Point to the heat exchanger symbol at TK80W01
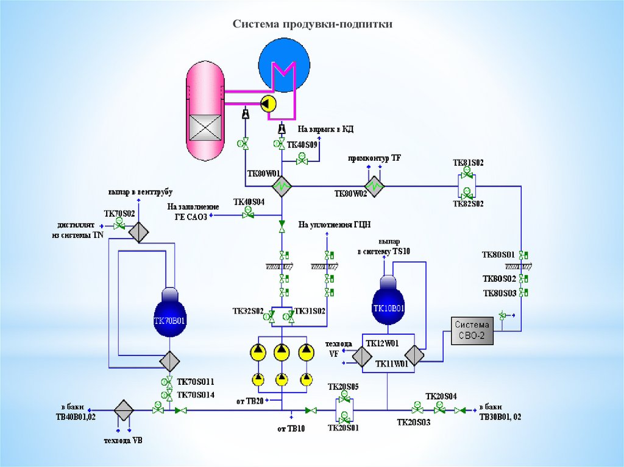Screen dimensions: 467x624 point(282,186)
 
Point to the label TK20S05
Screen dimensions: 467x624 point(343,387)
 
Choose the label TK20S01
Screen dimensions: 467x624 point(343,427)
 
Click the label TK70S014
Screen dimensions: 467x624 point(196,395)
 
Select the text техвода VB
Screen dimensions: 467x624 point(123,440)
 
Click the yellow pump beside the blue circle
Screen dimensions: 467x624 point(268,104)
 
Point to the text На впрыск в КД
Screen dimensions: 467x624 point(325,129)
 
